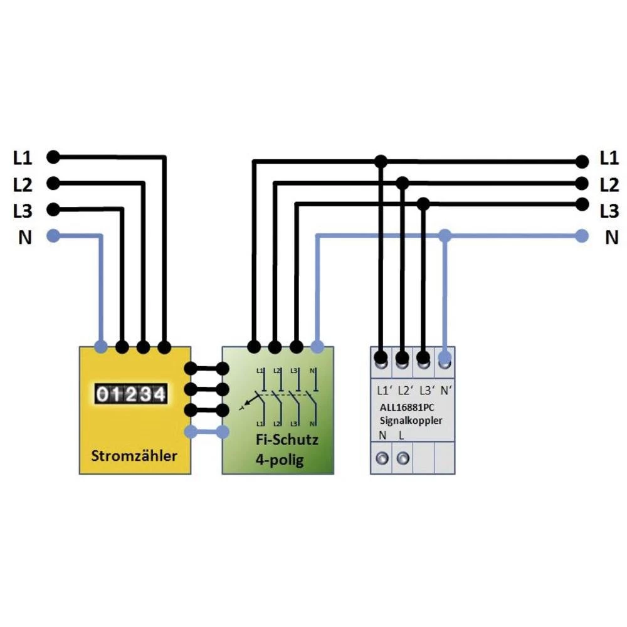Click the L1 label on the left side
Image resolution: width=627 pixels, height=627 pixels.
click(23, 157)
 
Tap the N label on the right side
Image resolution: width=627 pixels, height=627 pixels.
click(611, 238)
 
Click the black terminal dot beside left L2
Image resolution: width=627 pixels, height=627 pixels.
click(54, 183)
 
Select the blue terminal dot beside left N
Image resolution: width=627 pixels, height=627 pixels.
click(54, 236)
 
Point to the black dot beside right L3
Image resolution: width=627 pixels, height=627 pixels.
click(582, 204)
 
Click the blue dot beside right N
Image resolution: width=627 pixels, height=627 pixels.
click(582, 236)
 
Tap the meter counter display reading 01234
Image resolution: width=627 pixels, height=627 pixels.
click(131, 394)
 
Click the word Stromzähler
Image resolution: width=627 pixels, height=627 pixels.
click(134, 455)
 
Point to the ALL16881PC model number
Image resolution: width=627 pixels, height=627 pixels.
click(411, 408)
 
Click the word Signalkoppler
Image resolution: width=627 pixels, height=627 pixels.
click(411, 420)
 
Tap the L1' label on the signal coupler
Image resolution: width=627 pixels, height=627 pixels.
click(384, 390)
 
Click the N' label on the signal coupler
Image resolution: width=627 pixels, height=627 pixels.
click(446, 390)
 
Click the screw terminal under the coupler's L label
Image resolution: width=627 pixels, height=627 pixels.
click(403, 458)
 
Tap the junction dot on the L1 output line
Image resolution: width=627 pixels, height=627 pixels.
click(381, 162)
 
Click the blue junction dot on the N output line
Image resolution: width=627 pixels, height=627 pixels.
click(445, 236)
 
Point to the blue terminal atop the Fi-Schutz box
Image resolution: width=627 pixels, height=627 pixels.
click(317, 346)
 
